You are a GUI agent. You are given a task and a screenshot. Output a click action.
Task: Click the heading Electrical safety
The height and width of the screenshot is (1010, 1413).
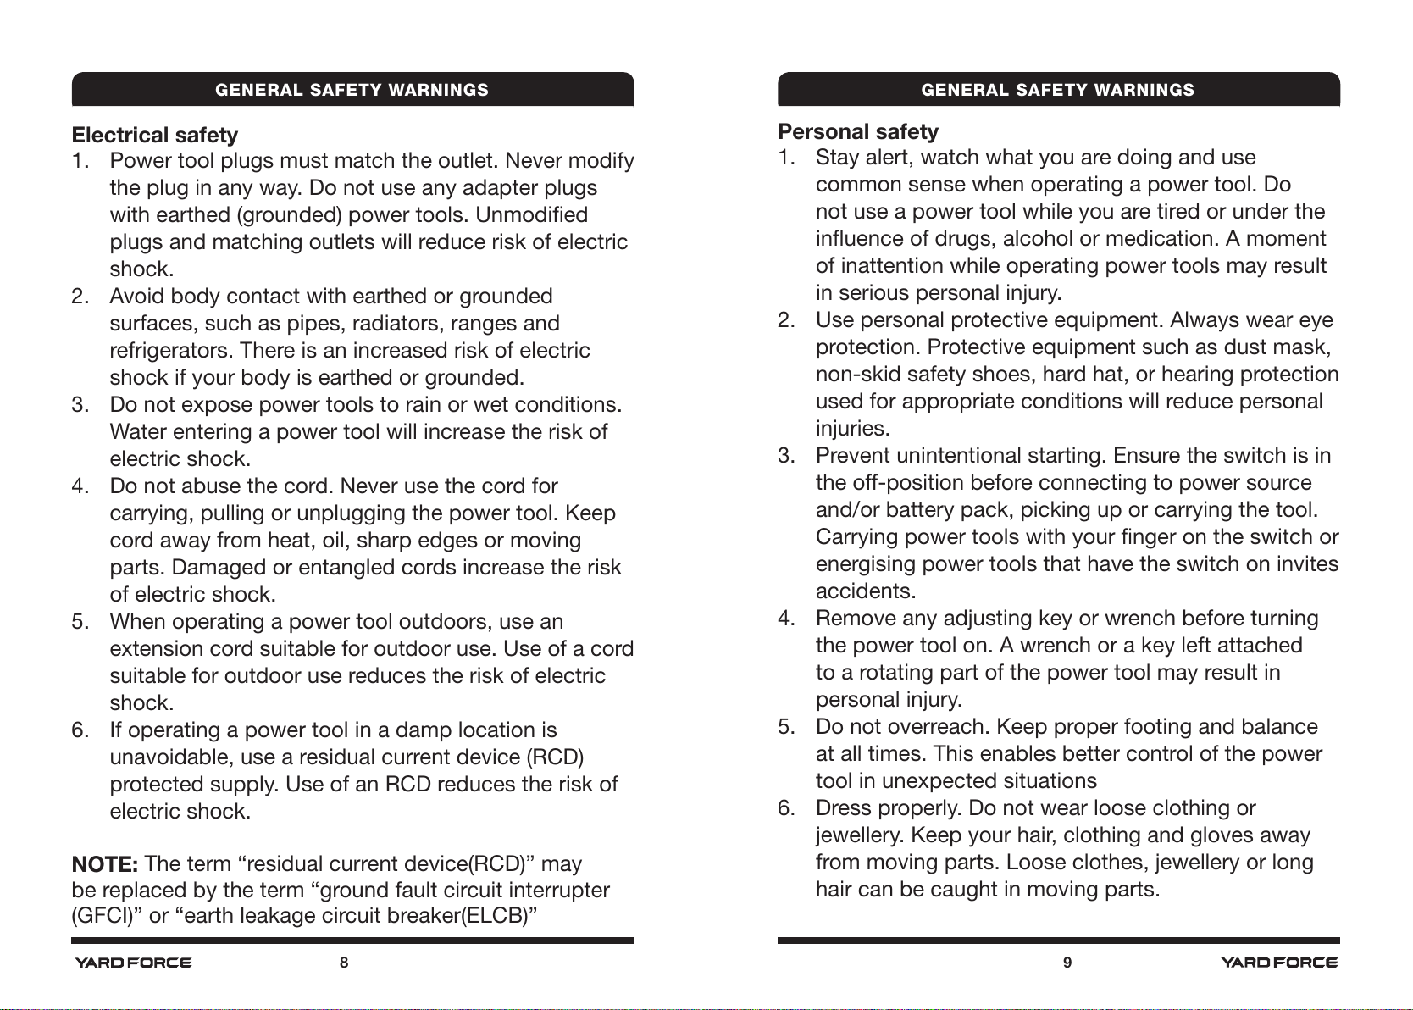click(x=155, y=135)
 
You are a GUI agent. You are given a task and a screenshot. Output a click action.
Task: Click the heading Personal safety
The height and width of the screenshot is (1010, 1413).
click(x=858, y=131)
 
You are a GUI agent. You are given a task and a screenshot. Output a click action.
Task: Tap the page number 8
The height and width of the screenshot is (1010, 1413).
click(x=344, y=963)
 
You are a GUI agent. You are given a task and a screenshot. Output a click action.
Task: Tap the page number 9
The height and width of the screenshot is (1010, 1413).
click(x=1067, y=963)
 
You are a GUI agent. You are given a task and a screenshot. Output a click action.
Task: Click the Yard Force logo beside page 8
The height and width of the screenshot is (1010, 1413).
click(x=133, y=963)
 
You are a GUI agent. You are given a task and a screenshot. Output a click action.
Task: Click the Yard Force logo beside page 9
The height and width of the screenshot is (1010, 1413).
click(x=1279, y=963)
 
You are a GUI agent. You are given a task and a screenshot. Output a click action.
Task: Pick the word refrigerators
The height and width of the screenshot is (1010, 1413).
click(x=171, y=350)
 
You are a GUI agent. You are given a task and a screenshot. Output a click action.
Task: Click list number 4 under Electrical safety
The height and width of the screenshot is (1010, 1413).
click(x=80, y=486)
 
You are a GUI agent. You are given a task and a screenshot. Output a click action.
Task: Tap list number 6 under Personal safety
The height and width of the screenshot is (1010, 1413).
click(x=786, y=807)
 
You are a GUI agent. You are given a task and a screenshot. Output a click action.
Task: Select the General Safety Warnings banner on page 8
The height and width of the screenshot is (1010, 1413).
click(x=352, y=90)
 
